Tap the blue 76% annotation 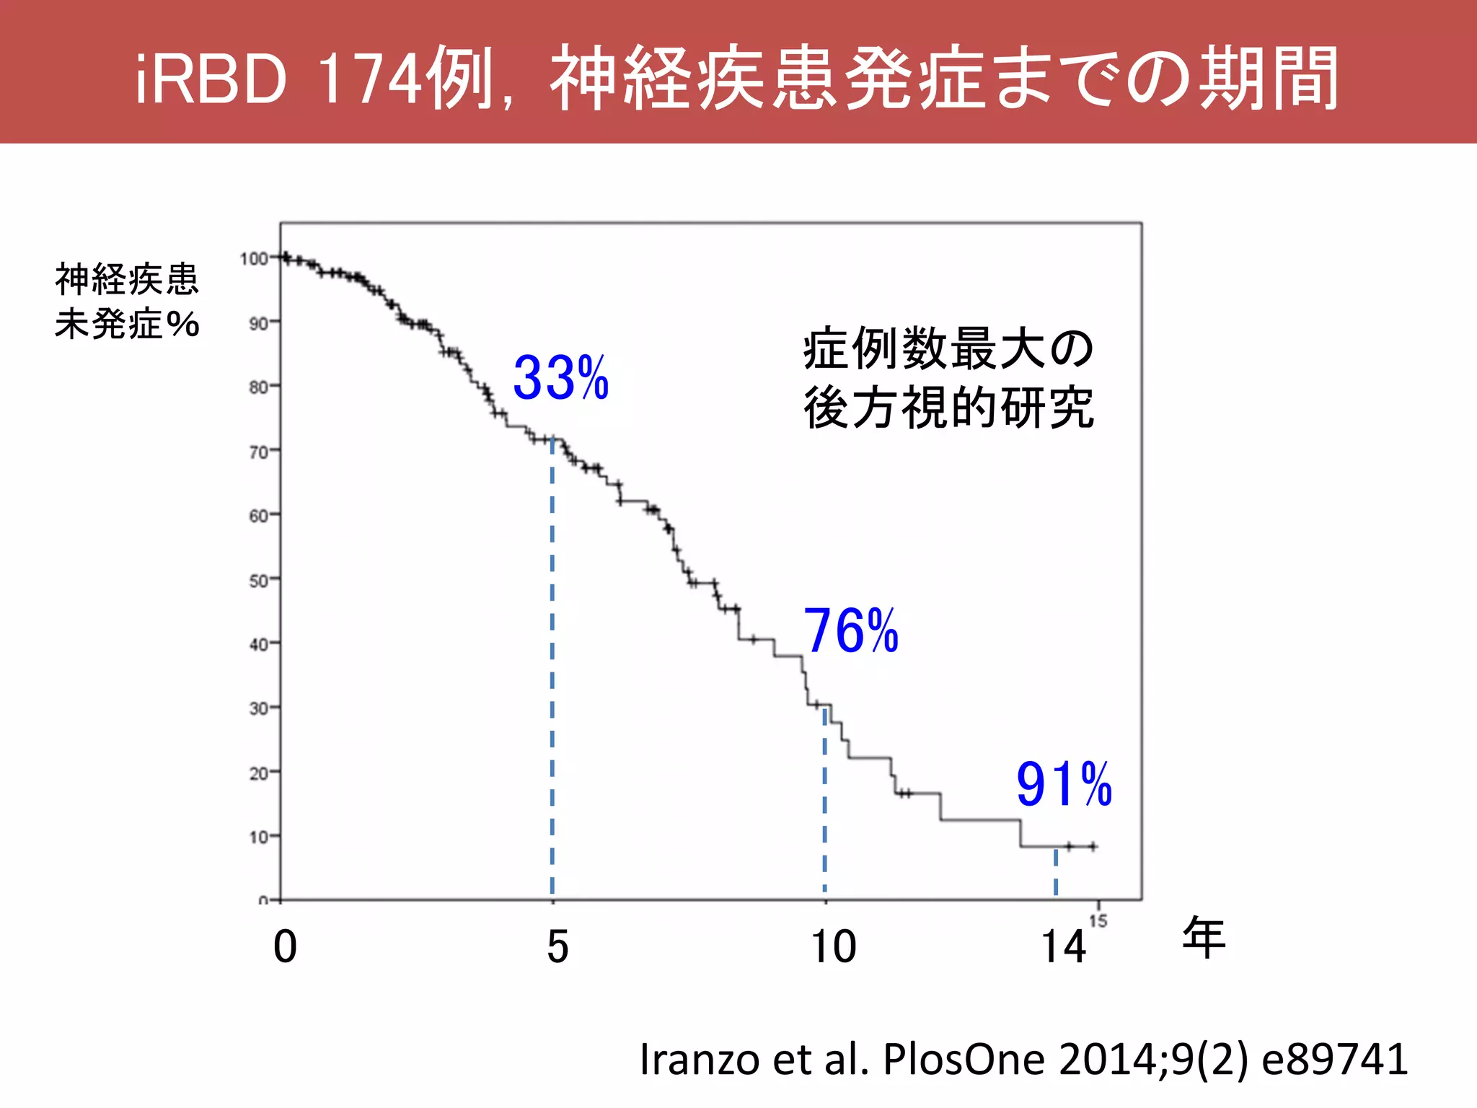click(851, 631)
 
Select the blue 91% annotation click(1064, 784)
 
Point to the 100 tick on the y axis click(254, 258)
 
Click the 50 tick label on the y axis click(258, 580)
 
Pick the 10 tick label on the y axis click(258, 837)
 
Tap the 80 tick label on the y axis click(258, 387)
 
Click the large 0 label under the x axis click(285, 946)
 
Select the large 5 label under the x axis click(557, 946)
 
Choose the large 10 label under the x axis click(834, 946)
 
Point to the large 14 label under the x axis click(1063, 946)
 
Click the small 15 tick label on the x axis click(1098, 921)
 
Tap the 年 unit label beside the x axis click(1204, 938)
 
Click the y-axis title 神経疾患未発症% click(127, 301)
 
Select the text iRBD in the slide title click(211, 79)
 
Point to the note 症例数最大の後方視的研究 click(949, 378)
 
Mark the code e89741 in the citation click(1334, 1059)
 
